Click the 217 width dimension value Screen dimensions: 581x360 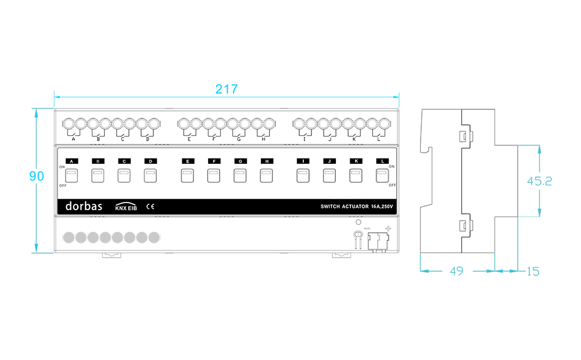coord(227,89)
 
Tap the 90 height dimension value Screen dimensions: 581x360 coord(36,176)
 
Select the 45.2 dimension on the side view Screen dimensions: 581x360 coord(540,181)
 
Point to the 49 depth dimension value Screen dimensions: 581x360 coord(457,271)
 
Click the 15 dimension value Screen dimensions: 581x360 coord(533,272)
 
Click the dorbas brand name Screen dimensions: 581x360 coord(84,206)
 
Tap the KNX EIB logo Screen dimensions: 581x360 coord(126,207)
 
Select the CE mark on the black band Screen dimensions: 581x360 coord(150,207)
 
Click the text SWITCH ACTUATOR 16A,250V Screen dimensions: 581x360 coord(357,207)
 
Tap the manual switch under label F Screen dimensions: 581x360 coord(214,175)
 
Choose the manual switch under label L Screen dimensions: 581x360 coord(382,175)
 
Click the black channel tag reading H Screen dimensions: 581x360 coord(267,161)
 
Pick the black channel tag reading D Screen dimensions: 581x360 coord(150,161)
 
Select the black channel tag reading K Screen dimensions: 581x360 coord(356,161)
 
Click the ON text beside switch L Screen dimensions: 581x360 coord(392,167)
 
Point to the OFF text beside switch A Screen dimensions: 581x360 coord(63,186)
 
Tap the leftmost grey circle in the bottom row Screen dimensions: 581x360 coord(69,237)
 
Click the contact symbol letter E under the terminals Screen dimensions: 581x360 coord(189,139)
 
